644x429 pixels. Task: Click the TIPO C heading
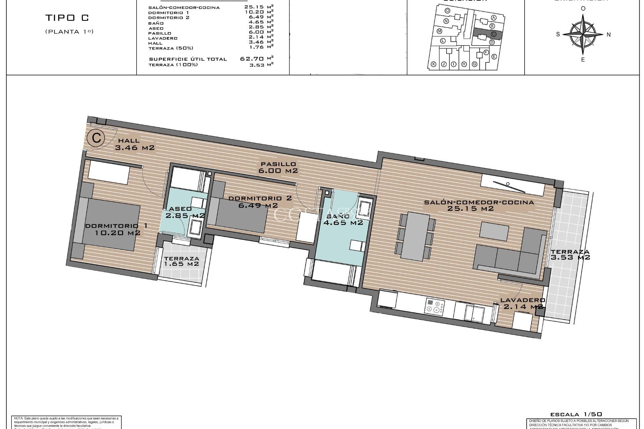67,18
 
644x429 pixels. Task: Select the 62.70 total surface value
252,59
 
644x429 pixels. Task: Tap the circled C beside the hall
96,138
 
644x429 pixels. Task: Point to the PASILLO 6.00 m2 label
278,167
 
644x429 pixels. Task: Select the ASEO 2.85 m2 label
185,212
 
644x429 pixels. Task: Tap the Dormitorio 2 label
260,201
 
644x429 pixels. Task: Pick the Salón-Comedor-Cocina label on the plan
479,205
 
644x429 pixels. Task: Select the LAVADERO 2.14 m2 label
523,303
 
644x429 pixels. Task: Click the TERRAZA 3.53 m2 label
570,255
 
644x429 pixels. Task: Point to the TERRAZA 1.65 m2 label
181,261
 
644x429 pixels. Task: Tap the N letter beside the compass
609,35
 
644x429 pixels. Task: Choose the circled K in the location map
433,64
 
